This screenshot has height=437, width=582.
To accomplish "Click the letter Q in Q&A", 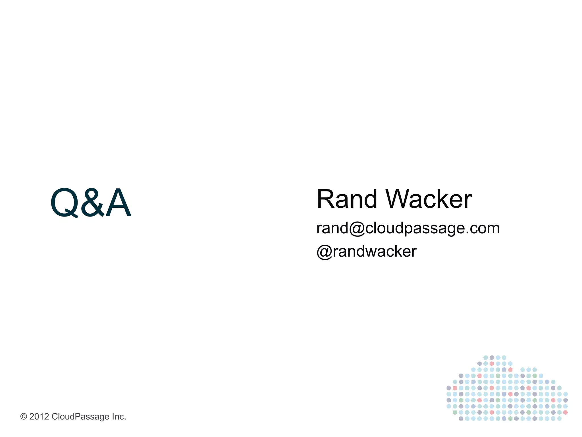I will (x=64, y=203).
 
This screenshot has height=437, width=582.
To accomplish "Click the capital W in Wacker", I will (x=400, y=199).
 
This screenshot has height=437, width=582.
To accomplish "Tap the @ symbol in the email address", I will (x=357, y=228).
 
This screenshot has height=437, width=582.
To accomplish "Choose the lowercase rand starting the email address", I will (x=332, y=228).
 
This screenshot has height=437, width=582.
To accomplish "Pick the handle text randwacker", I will (x=375, y=252).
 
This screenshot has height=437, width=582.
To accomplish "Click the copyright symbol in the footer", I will (x=24, y=417).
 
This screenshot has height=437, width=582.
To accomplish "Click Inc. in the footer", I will (x=119, y=417).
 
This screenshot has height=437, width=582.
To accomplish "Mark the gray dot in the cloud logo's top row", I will (x=492, y=357).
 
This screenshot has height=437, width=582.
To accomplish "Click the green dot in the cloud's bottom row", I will (x=510, y=419).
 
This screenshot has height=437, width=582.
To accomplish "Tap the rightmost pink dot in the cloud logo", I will (x=565, y=412).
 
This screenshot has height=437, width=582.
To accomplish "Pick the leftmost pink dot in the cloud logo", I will (x=455, y=388).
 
